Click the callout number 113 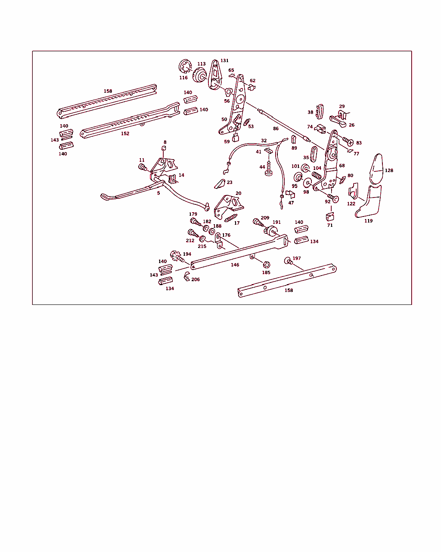point(202,64)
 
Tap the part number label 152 point(125,134)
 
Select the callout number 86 point(276,129)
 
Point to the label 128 point(389,171)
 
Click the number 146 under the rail point(235,265)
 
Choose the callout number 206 point(196,279)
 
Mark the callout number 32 point(264,141)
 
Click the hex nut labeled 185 point(267,265)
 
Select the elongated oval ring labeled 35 point(314,154)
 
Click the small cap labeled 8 point(164,148)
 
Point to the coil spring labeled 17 point(231,218)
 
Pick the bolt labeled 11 point(143,167)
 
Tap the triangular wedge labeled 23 point(220,184)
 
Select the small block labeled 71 point(330,217)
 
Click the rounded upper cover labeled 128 point(377,169)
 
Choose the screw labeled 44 point(269,169)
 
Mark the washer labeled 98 point(307,183)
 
